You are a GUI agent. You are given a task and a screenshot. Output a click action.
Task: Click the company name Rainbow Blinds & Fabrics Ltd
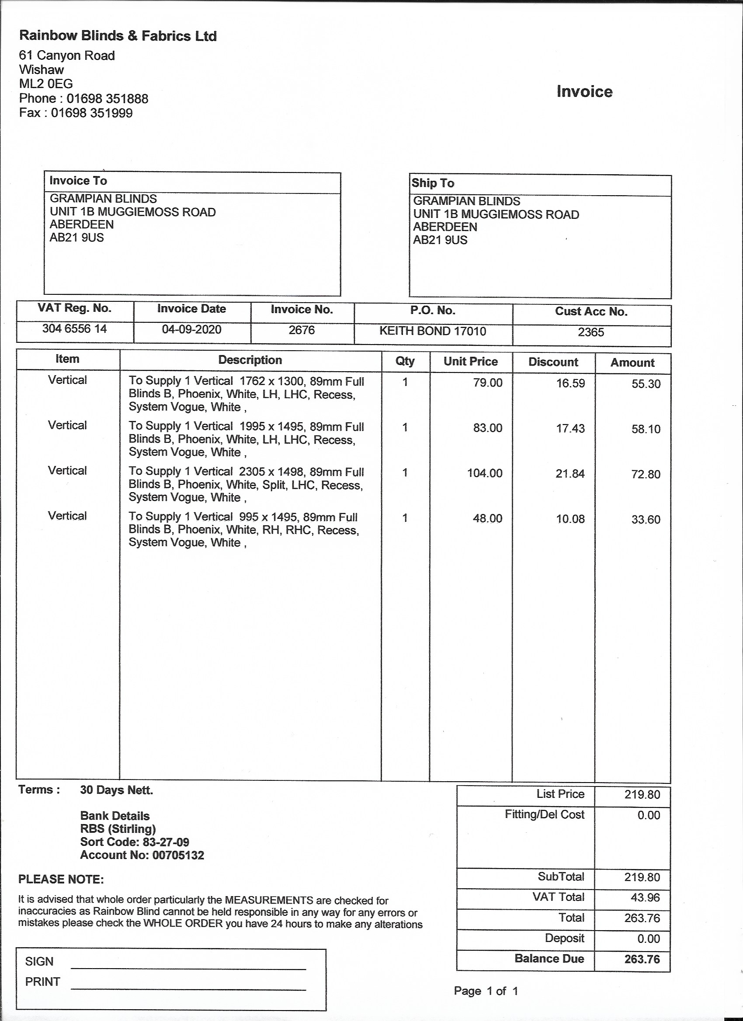coord(118,36)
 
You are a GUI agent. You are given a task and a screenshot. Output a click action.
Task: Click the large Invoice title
coord(584,92)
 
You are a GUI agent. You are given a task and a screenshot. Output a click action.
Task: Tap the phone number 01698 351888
coord(107,99)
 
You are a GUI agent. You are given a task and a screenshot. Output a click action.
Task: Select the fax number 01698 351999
coord(91,113)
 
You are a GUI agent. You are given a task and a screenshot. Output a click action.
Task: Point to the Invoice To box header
coord(78,181)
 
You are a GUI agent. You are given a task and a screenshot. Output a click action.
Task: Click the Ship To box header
coord(433,183)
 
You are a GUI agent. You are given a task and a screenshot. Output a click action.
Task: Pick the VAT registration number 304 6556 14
coord(74,329)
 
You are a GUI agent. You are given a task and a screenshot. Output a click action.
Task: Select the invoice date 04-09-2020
coord(191,330)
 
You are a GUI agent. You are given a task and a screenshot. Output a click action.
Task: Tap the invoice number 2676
coord(302,331)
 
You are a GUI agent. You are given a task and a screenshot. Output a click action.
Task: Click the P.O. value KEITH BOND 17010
coord(433,331)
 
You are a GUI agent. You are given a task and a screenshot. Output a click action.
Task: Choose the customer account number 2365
coord(591,332)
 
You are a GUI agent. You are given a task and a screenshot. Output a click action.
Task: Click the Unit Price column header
coord(470,362)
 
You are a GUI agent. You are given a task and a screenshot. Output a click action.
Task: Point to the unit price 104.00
coord(484,473)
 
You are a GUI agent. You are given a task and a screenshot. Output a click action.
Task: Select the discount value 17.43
coord(570,428)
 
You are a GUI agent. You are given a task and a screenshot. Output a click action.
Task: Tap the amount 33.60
coord(646,520)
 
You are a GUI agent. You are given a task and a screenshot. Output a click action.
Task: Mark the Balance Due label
coord(549,959)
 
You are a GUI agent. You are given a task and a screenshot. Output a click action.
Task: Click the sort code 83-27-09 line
coord(134,842)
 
